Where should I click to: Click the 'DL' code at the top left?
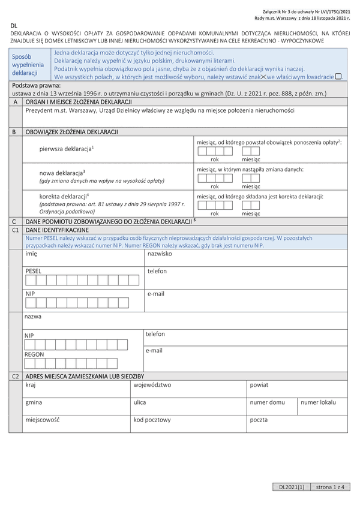coord(13,25)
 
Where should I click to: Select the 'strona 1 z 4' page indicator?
coord(330,487)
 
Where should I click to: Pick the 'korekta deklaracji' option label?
coord(64,196)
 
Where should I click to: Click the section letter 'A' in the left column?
coord(14,103)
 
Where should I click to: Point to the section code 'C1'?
coord(16,230)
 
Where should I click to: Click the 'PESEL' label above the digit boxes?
coord(34,271)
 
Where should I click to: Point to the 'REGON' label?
coord(34,354)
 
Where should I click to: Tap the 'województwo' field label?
coord(152,385)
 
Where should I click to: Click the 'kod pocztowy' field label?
coord(152,420)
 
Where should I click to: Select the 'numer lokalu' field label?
coord(319,402)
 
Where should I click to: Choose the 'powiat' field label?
coord(260,385)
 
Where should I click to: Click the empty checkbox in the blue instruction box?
coord(338,76)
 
